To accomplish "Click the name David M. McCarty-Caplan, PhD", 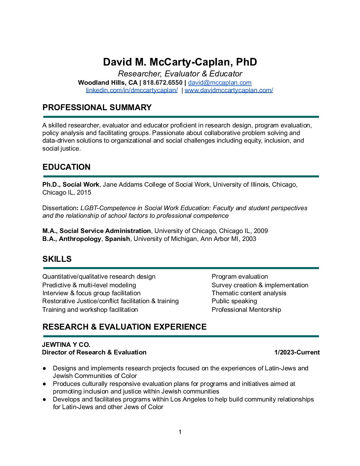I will coord(180,62).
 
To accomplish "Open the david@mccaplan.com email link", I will coord(220,82).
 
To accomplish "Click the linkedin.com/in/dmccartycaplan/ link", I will coord(132,90).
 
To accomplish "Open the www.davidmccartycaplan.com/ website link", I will coord(229,90).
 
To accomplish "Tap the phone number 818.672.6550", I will coord(162,82).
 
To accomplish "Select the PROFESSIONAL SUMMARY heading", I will coord(97,108).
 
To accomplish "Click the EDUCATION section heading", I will coord(66,167).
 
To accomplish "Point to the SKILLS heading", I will coord(57,259).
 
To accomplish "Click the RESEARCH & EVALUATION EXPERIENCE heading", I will coord(124,327).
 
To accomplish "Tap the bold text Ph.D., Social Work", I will coord(70,185).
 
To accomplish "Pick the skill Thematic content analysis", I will coord(249,293).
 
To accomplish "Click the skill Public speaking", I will coord(234,301).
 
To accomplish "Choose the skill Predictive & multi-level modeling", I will coord(89,285).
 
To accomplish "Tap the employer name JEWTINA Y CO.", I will coord(66,345).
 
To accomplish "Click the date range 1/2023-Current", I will coord(297,352).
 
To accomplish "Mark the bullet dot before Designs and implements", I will coord(44,368).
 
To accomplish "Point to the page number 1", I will coord(180,432).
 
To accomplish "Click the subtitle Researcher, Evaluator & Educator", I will coord(180,74).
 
